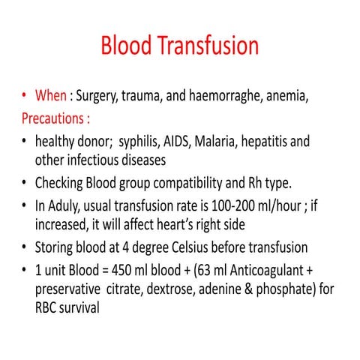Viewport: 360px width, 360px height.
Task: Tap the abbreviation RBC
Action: (x=48, y=307)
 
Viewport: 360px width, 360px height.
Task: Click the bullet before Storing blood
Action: (x=26, y=246)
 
